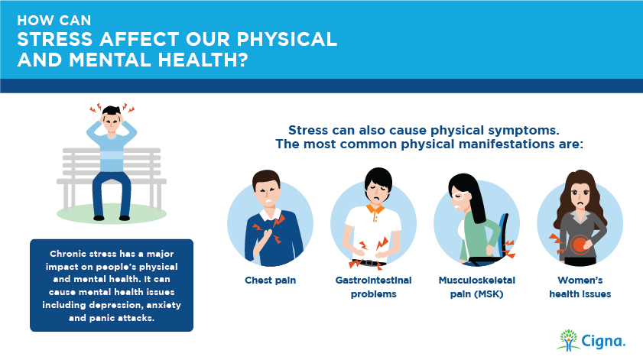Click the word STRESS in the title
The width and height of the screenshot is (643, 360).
point(55,39)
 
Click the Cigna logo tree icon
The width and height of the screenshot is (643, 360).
point(568,340)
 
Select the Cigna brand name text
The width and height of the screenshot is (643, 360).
point(603,341)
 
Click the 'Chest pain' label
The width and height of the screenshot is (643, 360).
point(270,281)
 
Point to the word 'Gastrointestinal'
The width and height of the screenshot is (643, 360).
point(374,281)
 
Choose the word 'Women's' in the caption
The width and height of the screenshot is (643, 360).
point(580,281)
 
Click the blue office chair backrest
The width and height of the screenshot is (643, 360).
point(504,235)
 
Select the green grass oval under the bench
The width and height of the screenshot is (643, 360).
point(112,213)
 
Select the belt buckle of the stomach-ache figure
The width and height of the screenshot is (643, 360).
point(369,262)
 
